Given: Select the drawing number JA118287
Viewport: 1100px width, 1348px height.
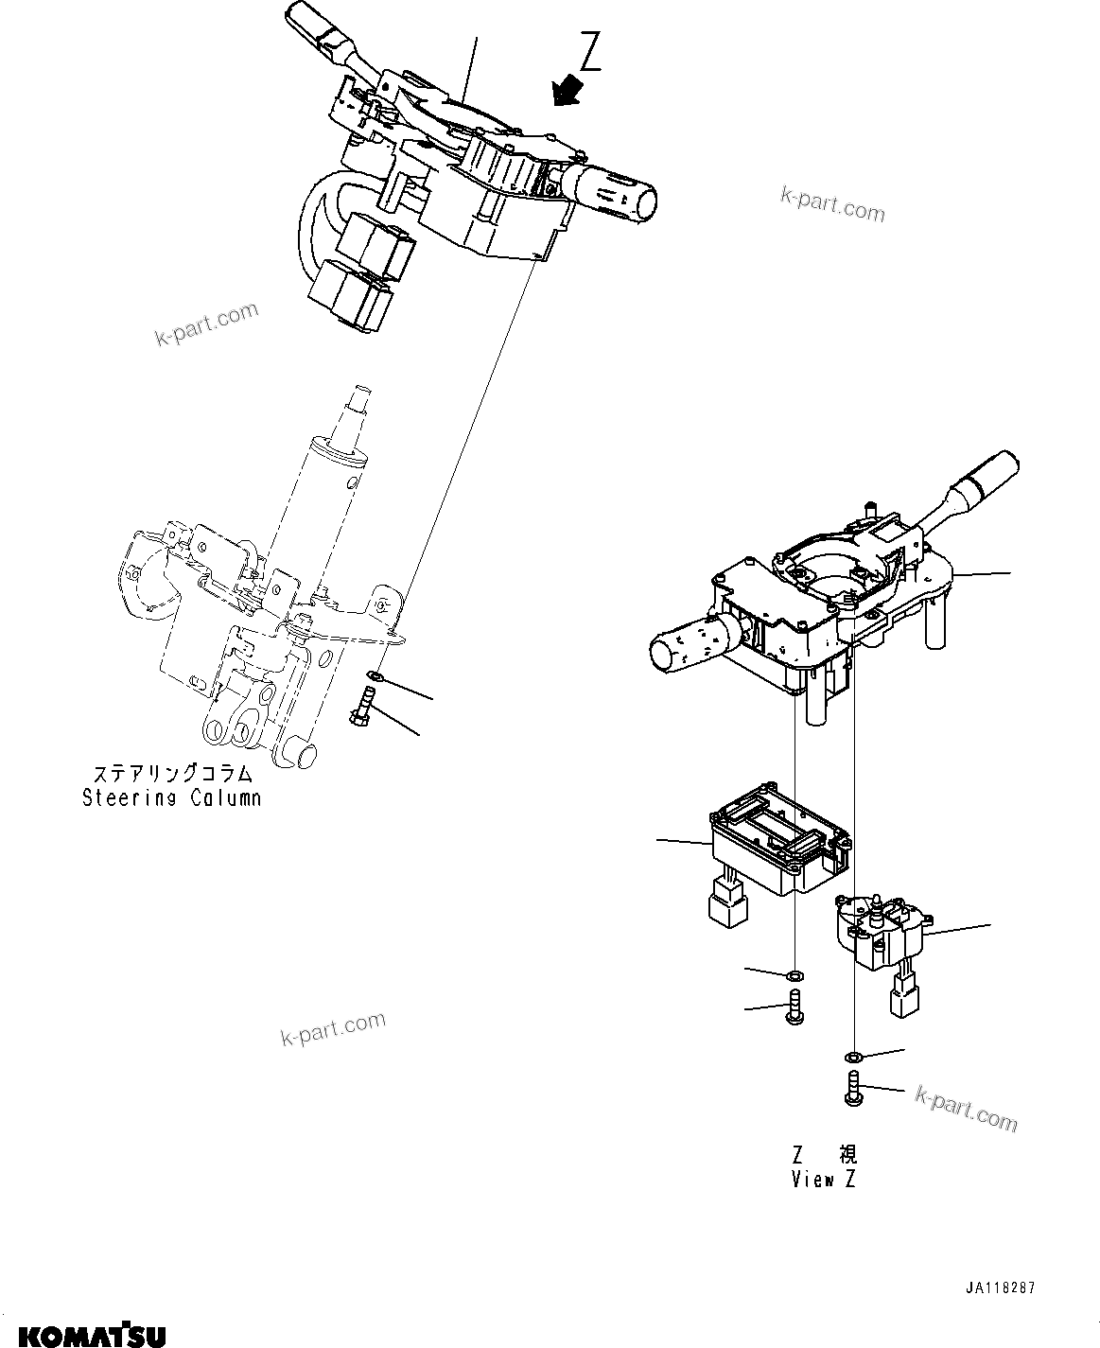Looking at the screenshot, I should [x=1001, y=1288].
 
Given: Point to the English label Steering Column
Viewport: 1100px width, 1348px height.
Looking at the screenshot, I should [x=171, y=797].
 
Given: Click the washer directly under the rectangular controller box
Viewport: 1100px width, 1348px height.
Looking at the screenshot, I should [x=795, y=975].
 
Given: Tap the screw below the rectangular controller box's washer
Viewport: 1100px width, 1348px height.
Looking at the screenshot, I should [x=794, y=1007].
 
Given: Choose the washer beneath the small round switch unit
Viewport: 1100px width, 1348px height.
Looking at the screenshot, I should [x=853, y=1056].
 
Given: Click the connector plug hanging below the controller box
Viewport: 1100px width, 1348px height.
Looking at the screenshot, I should [x=728, y=900].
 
